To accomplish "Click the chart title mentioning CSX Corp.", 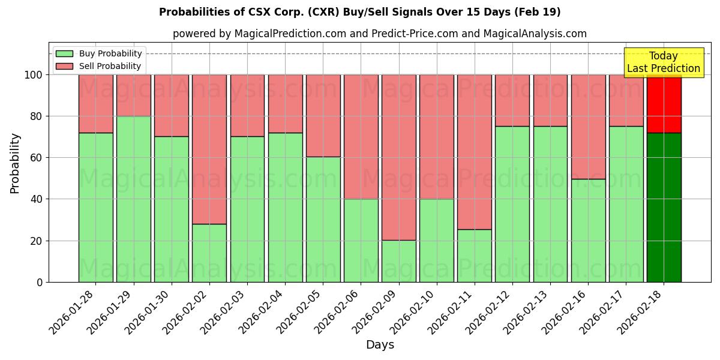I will pos(359,12).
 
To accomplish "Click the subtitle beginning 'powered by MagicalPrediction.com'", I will pos(379,34).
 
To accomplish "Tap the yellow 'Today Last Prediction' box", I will pos(663,62).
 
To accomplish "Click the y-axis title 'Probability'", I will pos(15,163).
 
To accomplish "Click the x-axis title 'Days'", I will pos(380,345).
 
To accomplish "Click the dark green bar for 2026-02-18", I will pos(664,207).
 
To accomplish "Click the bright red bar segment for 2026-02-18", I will pos(664,103).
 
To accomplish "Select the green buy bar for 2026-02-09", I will pos(398,261).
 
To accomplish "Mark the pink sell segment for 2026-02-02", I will pos(209,149).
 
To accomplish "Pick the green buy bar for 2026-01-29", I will pos(133,199).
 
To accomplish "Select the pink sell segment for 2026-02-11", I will pos(474,152).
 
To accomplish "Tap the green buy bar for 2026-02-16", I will pos(588,230).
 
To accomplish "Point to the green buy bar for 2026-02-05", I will pos(323,219).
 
